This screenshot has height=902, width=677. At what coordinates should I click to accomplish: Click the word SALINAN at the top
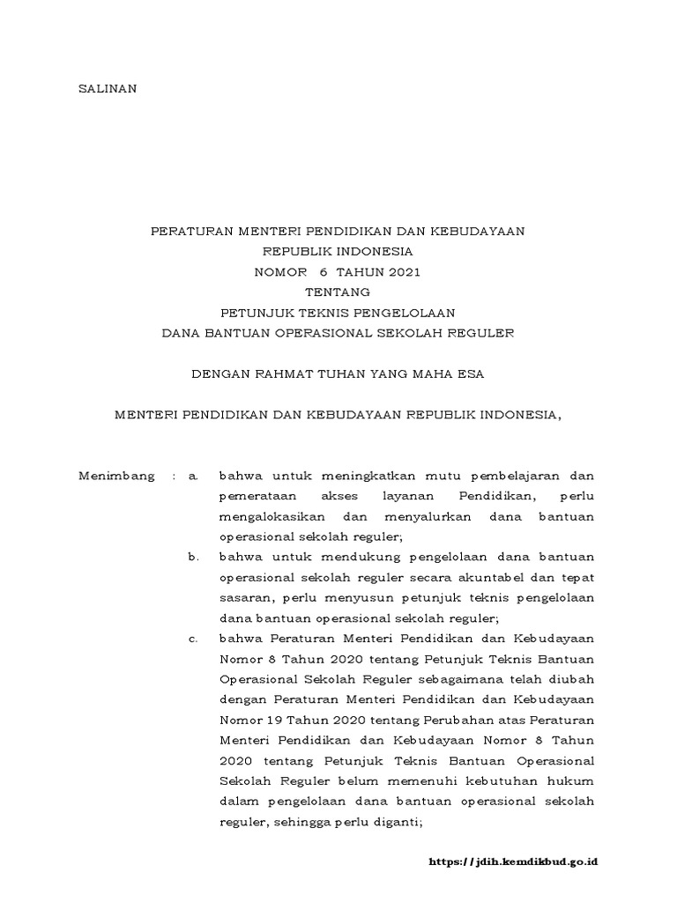click(x=108, y=89)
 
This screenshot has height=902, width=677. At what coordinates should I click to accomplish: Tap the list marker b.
click(x=195, y=556)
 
